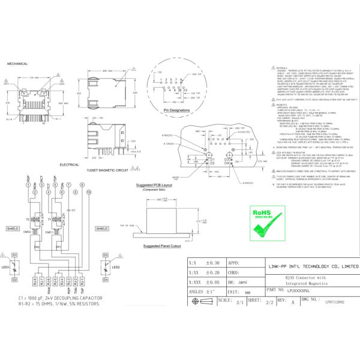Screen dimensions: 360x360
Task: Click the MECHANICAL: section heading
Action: pos(18,63)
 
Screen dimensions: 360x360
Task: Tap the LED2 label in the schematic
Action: pos(116,267)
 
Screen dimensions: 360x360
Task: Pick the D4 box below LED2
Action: pos(105,280)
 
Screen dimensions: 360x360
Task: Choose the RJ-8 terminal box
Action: pos(34,280)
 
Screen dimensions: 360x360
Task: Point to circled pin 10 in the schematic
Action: pos(88,191)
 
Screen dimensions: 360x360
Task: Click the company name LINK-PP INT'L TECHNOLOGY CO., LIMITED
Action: pos(313,265)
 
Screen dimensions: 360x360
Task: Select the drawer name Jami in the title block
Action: pos(243,281)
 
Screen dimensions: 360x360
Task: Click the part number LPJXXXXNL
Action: pos(295,289)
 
